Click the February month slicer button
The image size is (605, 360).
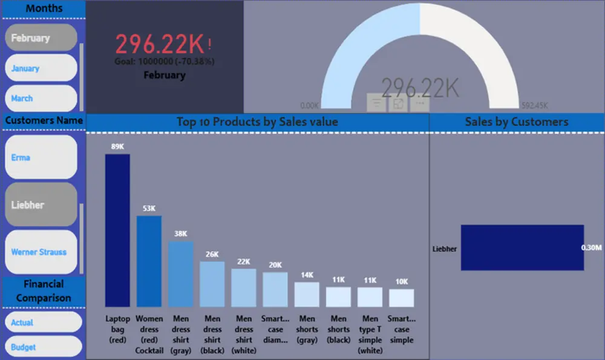tap(41, 38)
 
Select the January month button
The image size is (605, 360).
tap(41, 68)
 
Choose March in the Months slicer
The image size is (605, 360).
tap(41, 98)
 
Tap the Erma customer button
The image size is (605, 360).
tap(41, 157)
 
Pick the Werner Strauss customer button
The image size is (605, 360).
tap(41, 252)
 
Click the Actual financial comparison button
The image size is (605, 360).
tap(42, 322)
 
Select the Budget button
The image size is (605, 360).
tap(42, 347)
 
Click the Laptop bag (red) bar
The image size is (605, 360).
tap(117, 230)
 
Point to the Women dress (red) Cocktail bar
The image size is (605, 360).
tap(149, 261)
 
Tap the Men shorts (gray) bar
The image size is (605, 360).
tap(307, 294)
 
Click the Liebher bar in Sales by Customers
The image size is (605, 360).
tap(522, 247)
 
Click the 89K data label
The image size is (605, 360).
tap(117, 146)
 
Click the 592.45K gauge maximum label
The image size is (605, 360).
tap(531, 104)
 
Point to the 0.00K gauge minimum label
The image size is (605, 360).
tap(309, 104)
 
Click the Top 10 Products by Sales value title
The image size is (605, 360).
tap(257, 122)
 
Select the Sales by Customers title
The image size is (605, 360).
tap(517, 122)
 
